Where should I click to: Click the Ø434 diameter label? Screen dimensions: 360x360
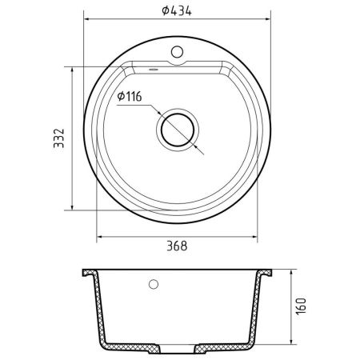(177, 11)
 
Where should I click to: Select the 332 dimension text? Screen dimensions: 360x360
(59, 138)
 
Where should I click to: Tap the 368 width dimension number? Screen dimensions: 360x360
(177, 246)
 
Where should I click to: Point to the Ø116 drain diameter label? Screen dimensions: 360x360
(130, 96)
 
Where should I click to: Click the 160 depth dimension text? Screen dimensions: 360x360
(302, 306)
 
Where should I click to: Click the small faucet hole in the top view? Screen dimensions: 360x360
(177, 52)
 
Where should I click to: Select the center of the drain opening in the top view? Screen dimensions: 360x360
(178, 130)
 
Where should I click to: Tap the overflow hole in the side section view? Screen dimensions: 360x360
(154, 284)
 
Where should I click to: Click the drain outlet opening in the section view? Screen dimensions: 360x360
(178, 349)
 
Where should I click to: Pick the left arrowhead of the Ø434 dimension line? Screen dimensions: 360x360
(86, 19)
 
